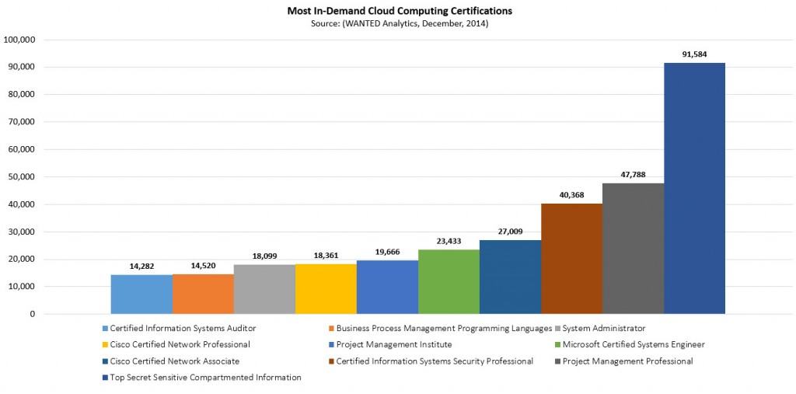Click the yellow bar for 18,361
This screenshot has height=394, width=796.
326,289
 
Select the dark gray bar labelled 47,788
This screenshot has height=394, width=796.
633,249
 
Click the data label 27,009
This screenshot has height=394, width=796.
510,231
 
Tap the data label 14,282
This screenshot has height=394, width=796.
141,266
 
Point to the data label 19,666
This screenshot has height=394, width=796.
387,251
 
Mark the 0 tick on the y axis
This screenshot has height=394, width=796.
32,315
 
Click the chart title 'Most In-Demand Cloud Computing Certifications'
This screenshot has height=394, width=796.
397,11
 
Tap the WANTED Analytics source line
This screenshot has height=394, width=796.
397,23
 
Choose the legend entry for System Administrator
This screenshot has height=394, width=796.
603,328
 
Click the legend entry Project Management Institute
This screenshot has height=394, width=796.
393,344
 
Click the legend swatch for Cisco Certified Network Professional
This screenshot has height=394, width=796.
105,344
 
